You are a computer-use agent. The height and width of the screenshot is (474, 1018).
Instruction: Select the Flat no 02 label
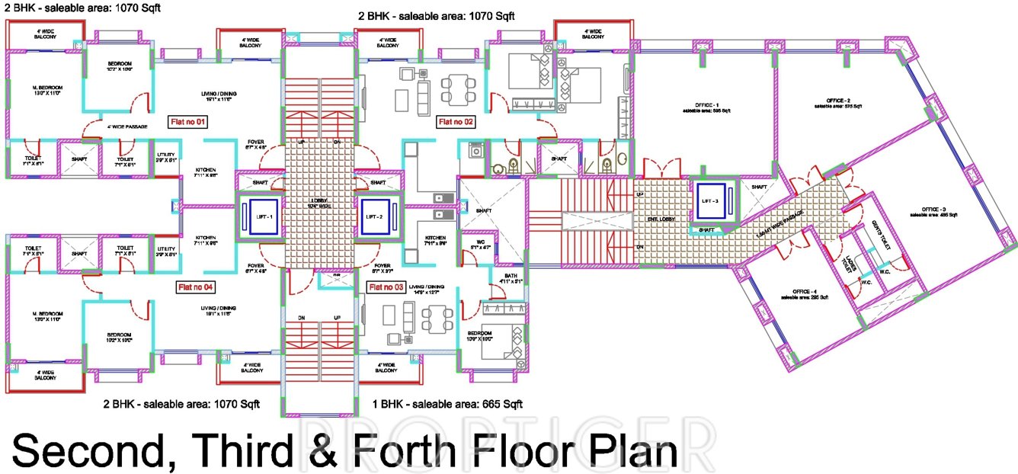coord(456,121)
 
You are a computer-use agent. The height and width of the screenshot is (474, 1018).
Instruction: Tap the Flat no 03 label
coord(386,287)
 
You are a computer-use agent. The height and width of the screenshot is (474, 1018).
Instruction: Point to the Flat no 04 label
coord(196,287)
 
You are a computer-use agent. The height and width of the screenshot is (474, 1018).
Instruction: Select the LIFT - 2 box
coord(375,216)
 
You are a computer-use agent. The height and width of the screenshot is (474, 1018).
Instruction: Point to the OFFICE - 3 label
coord(933,210)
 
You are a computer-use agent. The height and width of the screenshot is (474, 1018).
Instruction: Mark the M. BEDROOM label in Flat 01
coord(47,88)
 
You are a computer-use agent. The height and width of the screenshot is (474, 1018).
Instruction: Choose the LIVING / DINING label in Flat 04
coord(218,309)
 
